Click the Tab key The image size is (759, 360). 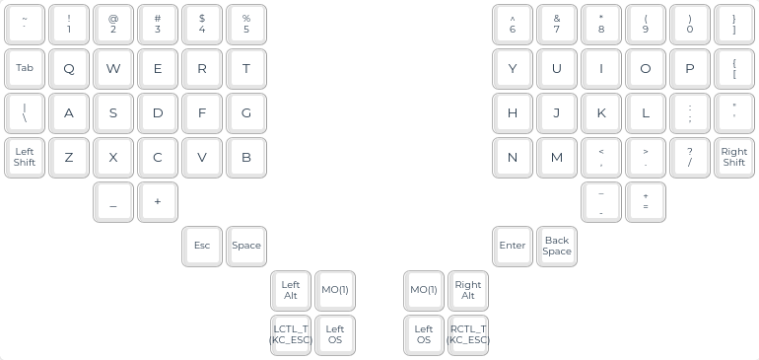[25, 68]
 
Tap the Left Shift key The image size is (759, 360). [25, 158]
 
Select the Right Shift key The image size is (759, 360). [733, 158]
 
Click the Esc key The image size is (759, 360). [202, 247]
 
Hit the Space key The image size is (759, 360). [246, 247]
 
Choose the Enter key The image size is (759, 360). [513, 247]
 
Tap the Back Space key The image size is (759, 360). [557, 247]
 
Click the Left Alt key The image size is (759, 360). [291, 291]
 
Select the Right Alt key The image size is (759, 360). [468, 291]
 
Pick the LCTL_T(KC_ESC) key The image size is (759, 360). [291, 335]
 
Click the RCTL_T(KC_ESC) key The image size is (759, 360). [468, 335]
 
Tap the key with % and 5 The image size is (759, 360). [246, 25]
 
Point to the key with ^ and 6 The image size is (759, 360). [513, 25]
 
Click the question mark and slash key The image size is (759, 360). [690, 158]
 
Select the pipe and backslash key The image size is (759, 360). [25, 112]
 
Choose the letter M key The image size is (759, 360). [557, 158]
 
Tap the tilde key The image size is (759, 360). [25, 25]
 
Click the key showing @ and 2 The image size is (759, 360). [113, 25]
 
